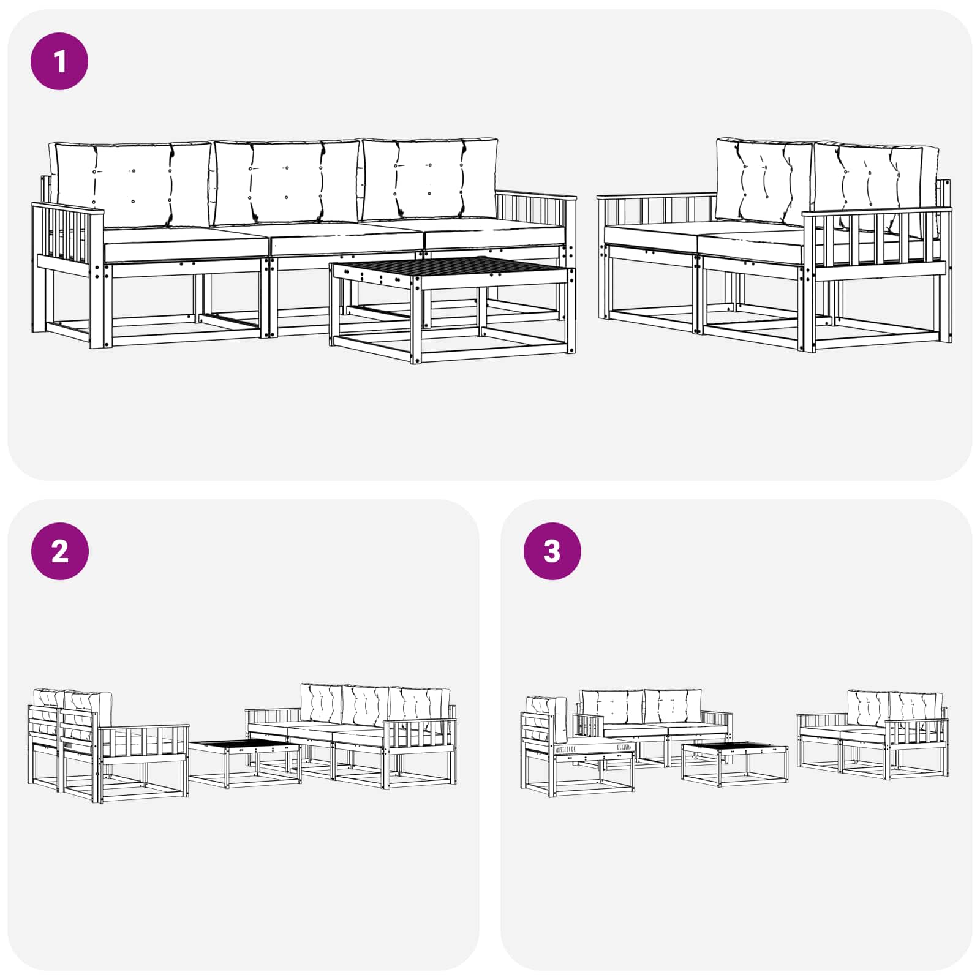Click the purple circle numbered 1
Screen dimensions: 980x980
59,62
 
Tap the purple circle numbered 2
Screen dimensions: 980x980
59,551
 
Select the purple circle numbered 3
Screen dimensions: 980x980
552,551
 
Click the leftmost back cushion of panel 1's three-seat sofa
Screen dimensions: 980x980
132,184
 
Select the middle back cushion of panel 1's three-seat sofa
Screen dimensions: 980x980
285,183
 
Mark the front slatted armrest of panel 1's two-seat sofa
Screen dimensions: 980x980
876,242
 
